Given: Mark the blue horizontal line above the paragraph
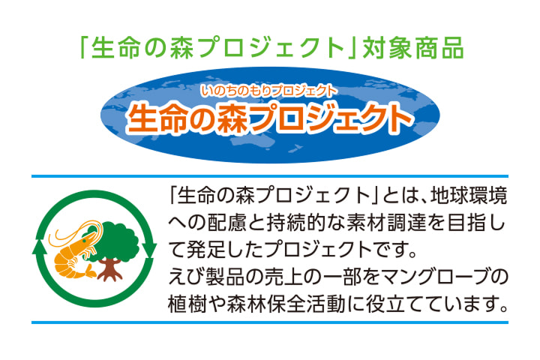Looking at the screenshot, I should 270,177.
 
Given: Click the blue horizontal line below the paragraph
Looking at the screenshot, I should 270,322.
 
